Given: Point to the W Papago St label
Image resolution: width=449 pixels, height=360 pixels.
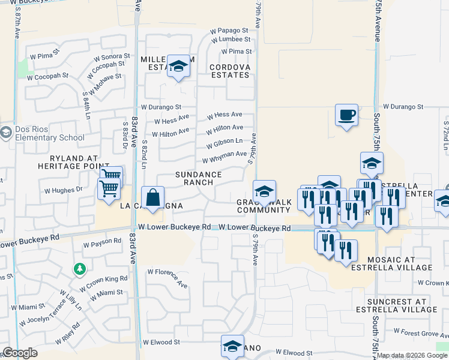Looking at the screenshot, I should tap(229, 31).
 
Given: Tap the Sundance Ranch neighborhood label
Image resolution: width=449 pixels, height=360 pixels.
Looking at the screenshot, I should tap(198, 178).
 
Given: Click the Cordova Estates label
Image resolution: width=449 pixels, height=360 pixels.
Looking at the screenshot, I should tap(230, 70).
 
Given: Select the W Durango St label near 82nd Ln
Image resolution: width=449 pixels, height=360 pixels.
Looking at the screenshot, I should tap(161, 107).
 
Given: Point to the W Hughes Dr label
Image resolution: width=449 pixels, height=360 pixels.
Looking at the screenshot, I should tap(63, 190).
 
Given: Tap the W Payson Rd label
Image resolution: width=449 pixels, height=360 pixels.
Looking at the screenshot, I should tap(102, 244).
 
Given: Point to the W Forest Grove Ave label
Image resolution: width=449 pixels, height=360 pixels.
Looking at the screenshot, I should tap(420, 331).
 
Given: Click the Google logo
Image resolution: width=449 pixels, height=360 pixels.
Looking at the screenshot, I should tap(20, 353).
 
